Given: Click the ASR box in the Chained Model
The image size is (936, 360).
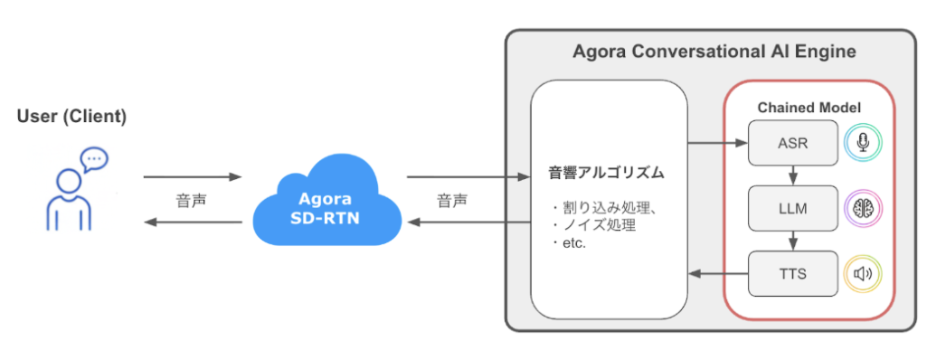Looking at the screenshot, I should pos(791,143).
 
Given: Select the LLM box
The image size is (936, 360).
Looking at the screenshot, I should pos(791,209).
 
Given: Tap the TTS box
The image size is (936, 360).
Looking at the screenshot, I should pos(791,273).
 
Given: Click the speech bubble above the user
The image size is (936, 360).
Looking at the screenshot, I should pos(93,160).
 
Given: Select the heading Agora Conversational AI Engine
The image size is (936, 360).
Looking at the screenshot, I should pos(714,52).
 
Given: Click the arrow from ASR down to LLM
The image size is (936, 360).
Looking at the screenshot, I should pos(791,175).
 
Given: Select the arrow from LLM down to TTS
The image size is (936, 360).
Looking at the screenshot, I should pos(791,241).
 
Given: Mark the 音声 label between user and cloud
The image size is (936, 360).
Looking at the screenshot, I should pos(192,199).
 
